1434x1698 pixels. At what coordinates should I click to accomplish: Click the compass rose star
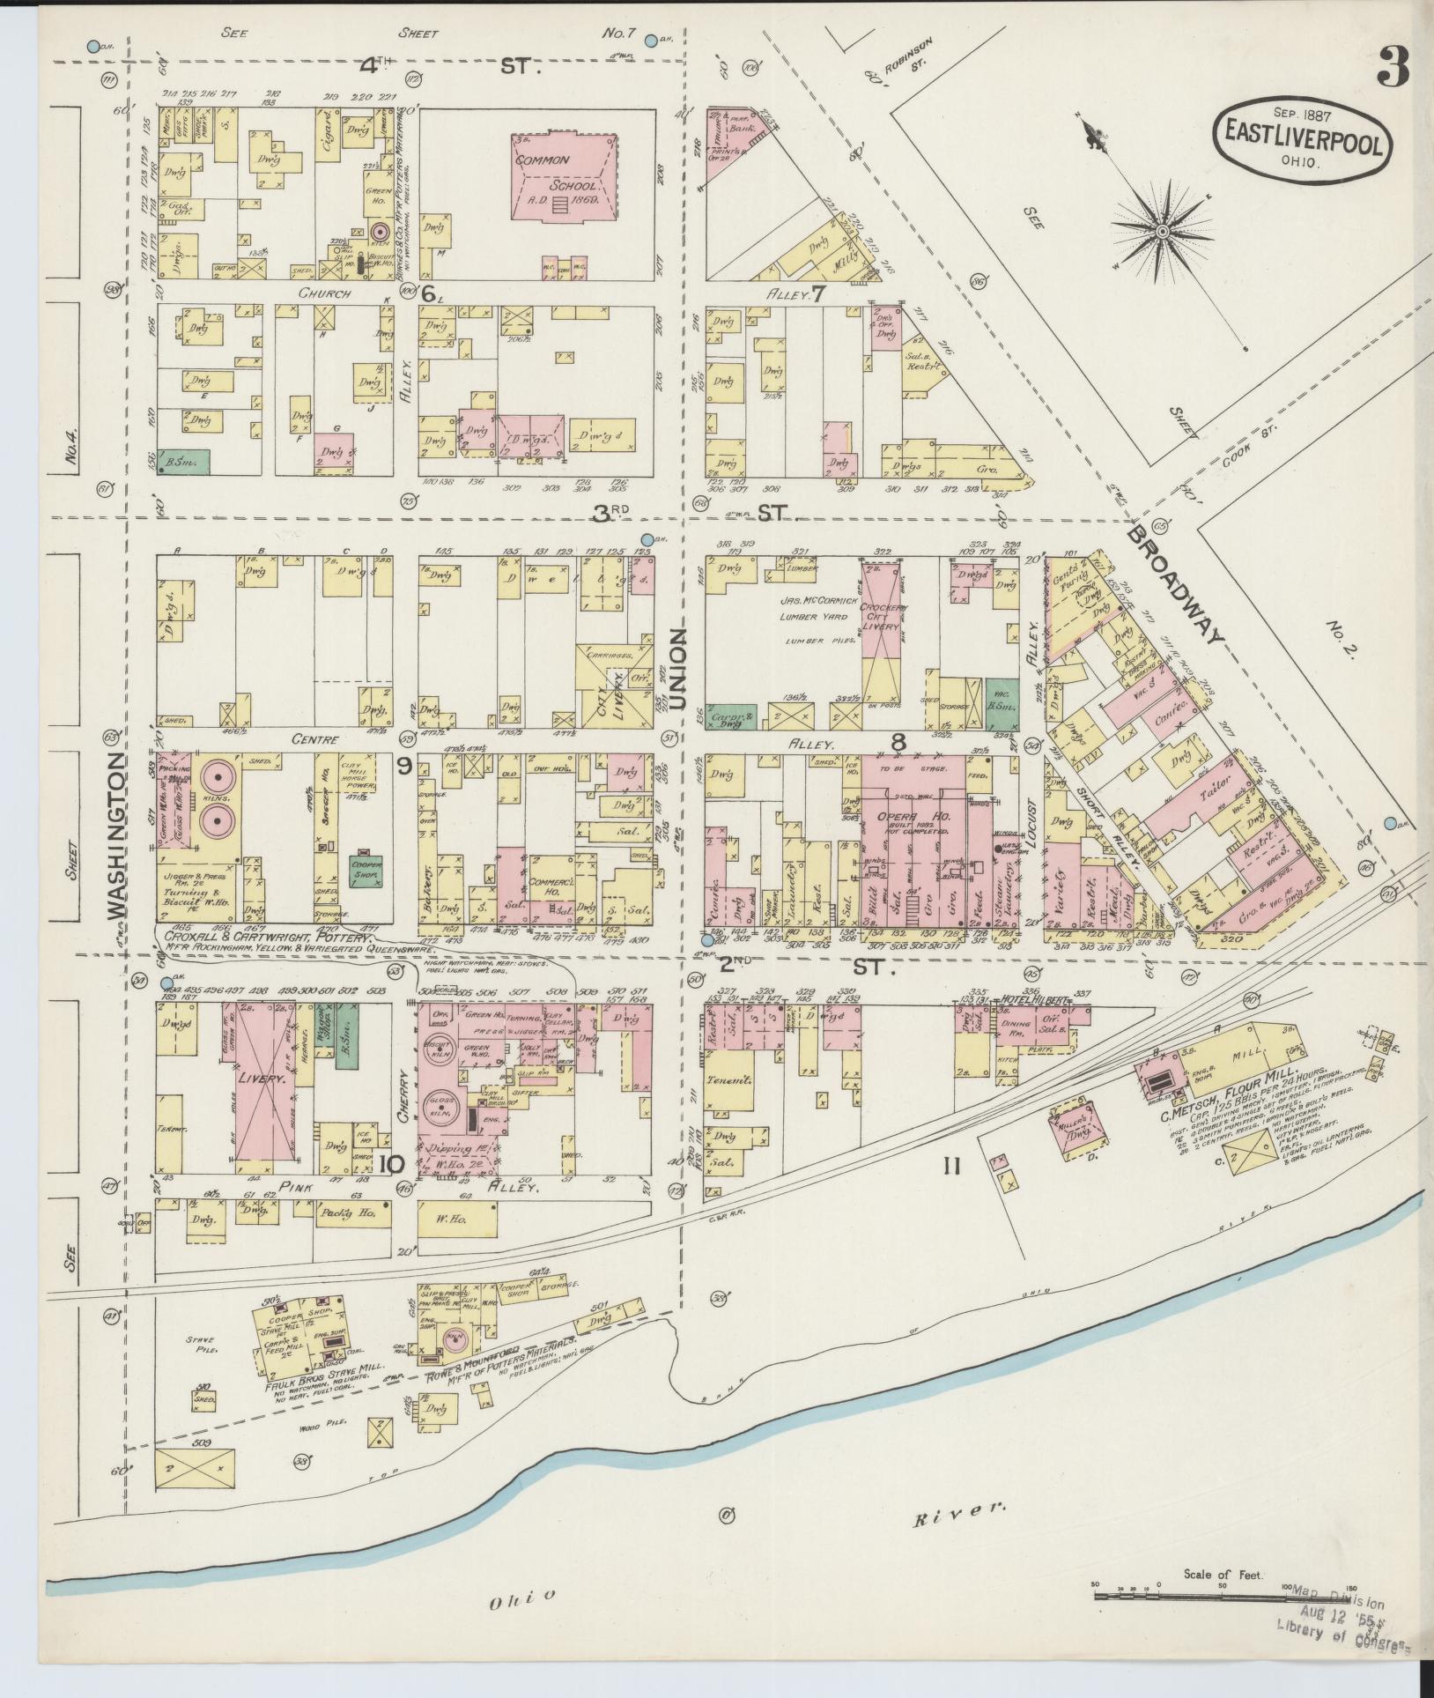click(x=1162, y=232)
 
